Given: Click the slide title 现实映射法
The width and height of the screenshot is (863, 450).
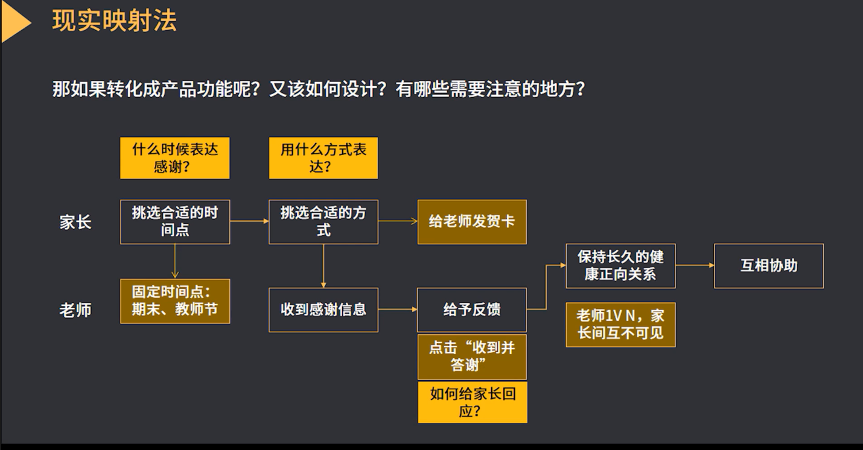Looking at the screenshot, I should coord(115,21).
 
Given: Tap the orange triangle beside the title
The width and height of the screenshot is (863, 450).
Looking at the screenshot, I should coord(14,22).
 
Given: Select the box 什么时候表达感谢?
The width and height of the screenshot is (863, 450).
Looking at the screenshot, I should coord(175,158).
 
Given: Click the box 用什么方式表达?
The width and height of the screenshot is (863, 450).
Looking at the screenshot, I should coord(323,158).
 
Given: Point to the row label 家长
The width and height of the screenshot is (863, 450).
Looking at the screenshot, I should coord(75,222).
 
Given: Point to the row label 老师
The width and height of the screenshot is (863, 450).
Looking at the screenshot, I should coord(75,310).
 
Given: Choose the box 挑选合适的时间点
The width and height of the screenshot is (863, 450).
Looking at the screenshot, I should coord(175,222).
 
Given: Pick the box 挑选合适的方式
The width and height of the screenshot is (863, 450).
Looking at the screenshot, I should coord(323,222).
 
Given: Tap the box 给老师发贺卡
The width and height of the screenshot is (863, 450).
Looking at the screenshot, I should coord(472,222).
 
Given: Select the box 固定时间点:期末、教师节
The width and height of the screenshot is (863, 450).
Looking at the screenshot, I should coord(175,301).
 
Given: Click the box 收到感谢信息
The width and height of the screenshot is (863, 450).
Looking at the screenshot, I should coord(323,310).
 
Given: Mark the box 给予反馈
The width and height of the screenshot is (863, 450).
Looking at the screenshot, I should coord(472,310).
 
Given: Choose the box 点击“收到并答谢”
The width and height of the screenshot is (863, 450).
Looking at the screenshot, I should coord(472,357).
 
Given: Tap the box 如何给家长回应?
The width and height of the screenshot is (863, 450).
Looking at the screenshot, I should coord(473,402).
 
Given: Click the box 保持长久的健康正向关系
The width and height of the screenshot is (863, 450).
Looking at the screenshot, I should coord(620,266).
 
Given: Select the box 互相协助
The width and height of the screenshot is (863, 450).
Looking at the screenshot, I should coord(769,266).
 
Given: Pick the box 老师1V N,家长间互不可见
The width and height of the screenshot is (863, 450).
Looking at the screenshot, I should coord(620,325).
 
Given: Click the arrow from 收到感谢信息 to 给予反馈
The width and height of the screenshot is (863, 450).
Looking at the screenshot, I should coord(398,309).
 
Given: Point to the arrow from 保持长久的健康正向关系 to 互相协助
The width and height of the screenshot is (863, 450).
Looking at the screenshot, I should coord(695,265).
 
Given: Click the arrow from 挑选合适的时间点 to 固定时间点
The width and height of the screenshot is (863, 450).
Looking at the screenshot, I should coord(175,261).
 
